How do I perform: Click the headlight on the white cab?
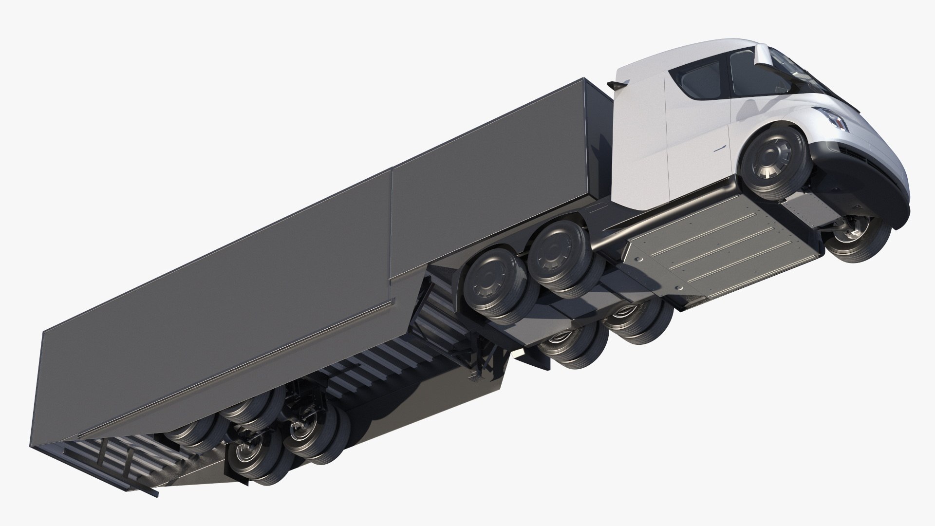coord(837,119)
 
